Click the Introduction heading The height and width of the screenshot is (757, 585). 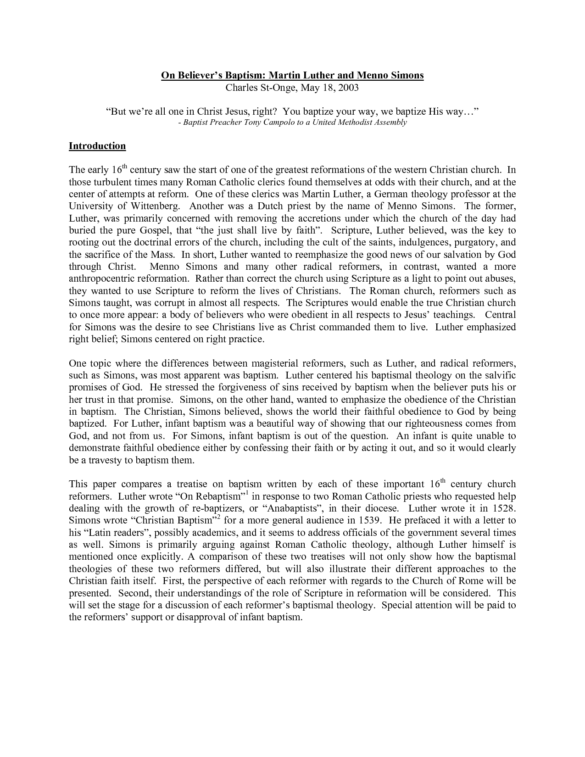pyautogui.click(x=97, y=146)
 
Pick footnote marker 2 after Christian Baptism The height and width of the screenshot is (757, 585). pyautogui.click(x=219, y=518)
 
